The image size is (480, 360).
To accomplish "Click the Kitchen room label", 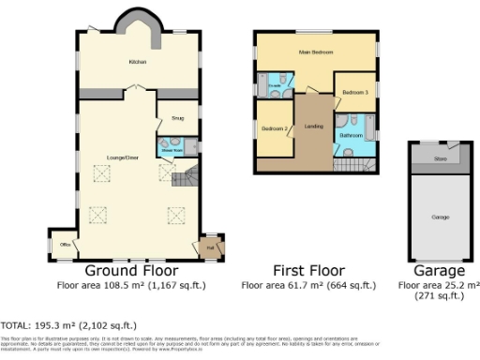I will [139, 62].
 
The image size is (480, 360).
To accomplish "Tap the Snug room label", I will [177, 119].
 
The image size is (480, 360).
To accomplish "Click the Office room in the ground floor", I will [65, 245].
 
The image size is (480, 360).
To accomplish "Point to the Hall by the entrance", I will [210, 247].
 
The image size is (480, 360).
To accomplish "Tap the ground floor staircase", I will [187, 174].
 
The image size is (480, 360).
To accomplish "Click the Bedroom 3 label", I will [354, 92].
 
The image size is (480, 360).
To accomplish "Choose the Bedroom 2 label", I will [274, 127].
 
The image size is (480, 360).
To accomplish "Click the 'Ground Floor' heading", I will [141, 272].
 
